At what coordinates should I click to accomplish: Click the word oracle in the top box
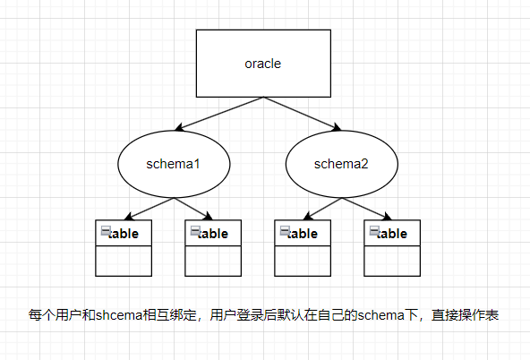pos(263,64)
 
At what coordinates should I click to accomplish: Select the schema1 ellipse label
pos(173,164)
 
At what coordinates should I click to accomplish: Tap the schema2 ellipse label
pos(341,164)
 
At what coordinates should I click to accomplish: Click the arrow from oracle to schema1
pos(219,114)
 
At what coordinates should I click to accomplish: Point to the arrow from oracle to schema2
pos(303,114)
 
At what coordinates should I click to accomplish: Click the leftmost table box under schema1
pos(124,248)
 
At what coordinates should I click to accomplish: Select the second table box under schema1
pos(213,248)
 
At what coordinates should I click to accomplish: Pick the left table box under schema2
pos(303,248)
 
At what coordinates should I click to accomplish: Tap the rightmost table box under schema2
pos(392,248)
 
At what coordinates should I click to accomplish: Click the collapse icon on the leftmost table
pos(106,230)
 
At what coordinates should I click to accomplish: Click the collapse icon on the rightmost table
pos(374,230)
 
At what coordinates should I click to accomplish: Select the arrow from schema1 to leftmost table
pos(149,209)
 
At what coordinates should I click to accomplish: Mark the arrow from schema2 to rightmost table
pos(367,209)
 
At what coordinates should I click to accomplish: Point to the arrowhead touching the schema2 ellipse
pos(337,127)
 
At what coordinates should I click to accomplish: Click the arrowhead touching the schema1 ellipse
pos(179,127)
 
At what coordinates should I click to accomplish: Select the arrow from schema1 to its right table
pos(193,209)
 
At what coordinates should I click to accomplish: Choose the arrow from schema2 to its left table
pos(322,209)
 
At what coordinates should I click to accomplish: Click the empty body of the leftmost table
pos(124,261)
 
